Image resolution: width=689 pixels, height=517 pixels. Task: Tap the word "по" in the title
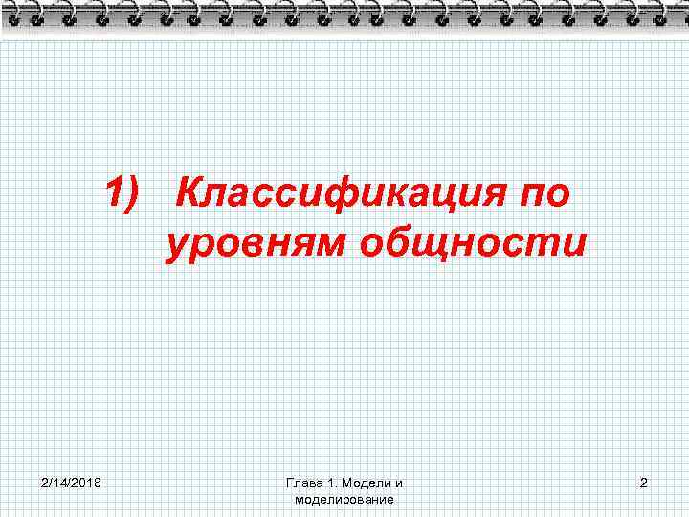[x=544, y=193]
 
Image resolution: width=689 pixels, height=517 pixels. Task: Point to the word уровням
[x=256, y=244]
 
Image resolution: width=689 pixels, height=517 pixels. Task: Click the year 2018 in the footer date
[x=91, y=483]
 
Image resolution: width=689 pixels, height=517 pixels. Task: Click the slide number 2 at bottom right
[x=643, y=483]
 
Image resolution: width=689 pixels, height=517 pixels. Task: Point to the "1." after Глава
[x=322, y=483]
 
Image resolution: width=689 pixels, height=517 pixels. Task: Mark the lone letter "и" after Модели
[x=398, y=483]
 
